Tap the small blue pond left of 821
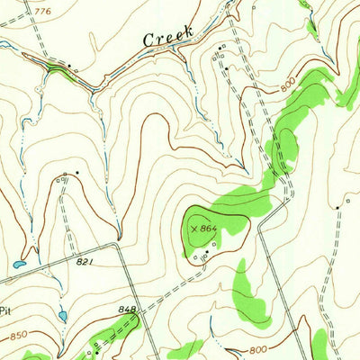click(x=18, y=265)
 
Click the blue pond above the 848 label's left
click(x=61, y=315)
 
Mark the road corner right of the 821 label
click(x=117, y=244)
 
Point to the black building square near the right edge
click(x=338, y=208)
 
